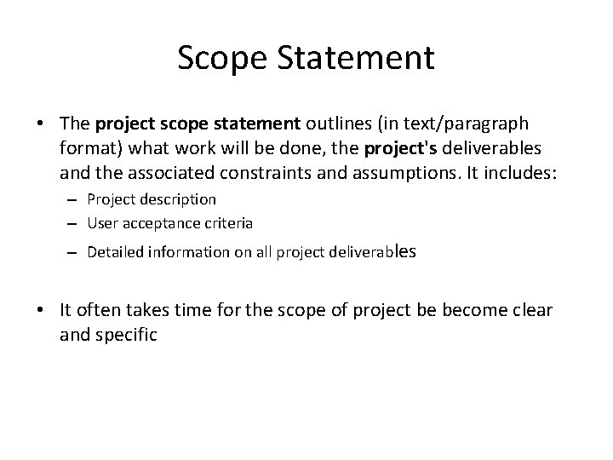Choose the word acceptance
coord(149,222)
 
